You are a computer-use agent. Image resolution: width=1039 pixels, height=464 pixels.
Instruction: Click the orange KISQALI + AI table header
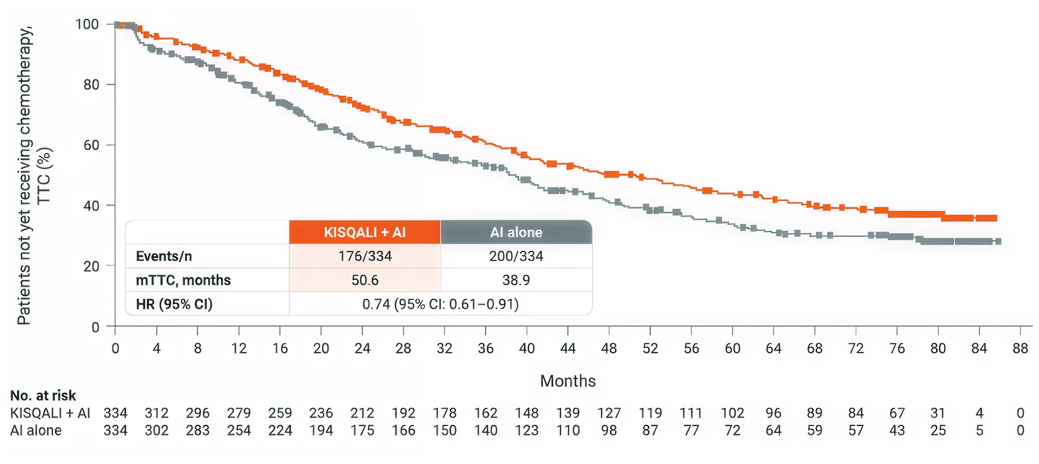[364, 232]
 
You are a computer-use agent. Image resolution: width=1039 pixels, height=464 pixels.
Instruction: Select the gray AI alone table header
[516, 232]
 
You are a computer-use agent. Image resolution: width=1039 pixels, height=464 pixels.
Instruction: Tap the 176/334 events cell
[364, 256]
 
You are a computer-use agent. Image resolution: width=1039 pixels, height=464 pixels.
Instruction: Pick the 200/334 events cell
[516, 256]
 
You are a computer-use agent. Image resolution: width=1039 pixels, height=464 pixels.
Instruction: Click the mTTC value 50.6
[364, 280]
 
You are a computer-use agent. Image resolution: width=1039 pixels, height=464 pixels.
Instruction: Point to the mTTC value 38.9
[516, 280]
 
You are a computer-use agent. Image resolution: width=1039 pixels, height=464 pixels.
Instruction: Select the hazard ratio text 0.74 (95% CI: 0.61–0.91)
[440, 304]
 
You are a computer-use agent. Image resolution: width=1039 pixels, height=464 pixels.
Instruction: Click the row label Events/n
[164, 256]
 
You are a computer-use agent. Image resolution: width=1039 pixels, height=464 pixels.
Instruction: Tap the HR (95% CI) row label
[174, 304]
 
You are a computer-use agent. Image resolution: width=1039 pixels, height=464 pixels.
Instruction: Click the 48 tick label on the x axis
[609, 348]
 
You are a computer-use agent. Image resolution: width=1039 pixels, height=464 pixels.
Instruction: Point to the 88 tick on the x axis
[1020, 348]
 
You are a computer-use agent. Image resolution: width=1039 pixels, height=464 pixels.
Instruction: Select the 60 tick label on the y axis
[91, 145]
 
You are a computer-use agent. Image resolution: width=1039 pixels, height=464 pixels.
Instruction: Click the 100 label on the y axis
[87, 24]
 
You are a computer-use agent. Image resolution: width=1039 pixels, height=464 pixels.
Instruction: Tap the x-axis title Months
[567, 381]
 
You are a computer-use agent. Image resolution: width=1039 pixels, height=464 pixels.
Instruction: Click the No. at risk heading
[43, 396]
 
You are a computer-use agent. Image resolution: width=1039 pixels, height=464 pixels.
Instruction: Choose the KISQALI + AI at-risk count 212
[362, 413]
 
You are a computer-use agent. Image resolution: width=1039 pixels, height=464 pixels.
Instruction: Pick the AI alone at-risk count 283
[197, 431]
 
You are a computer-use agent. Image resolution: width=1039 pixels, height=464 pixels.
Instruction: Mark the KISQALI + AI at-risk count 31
[937, 413]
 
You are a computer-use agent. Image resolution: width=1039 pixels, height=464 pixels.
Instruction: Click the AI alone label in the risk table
[36, 431]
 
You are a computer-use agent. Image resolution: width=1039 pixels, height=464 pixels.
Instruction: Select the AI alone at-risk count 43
[896, 431]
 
